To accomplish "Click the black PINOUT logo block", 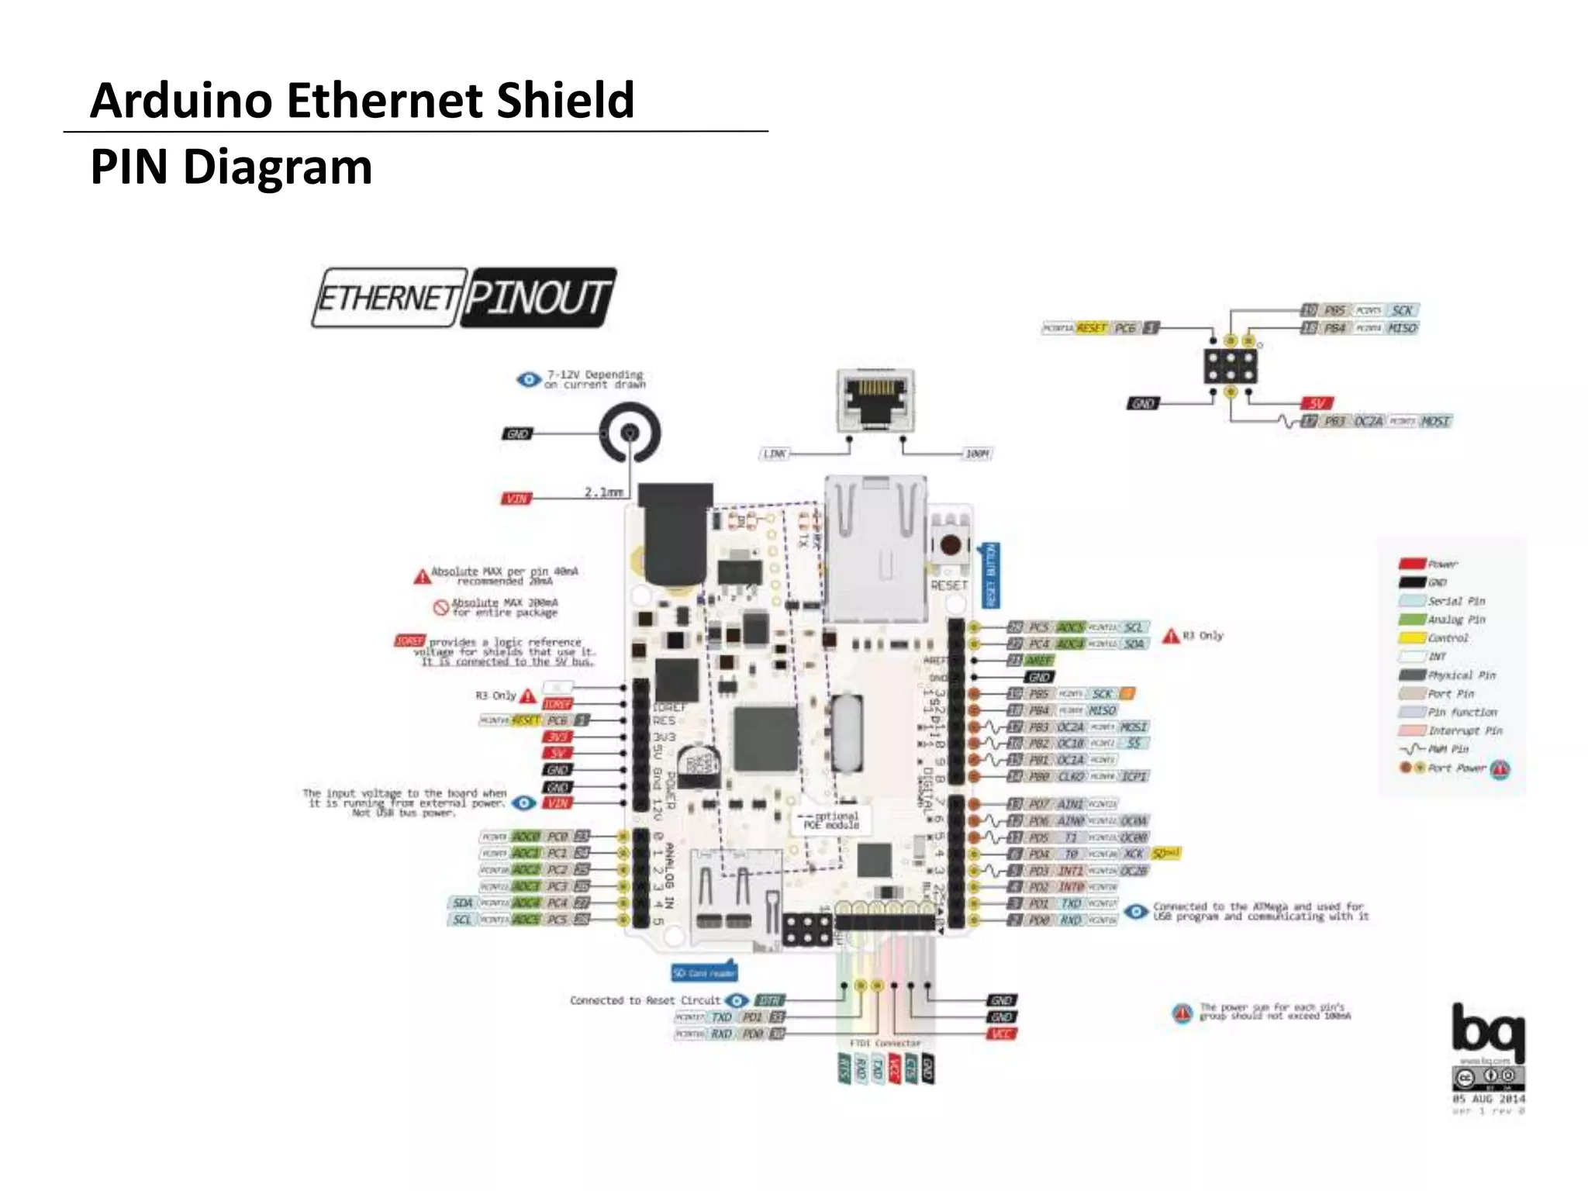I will click(538, 298).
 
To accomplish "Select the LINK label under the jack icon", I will click(775, 454).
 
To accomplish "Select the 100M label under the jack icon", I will click(977, 454).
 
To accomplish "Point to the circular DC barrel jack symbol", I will click(630, 433).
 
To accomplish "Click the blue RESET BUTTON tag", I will click(990, 575).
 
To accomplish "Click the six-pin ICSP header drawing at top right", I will click(1231, 367).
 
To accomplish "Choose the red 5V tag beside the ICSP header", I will click(1317, 403).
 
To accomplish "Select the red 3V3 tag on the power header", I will click(558, 737).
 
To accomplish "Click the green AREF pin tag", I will click(1039, 661).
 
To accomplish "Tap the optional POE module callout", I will click(830, 820).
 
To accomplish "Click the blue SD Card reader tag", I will click(704, 972).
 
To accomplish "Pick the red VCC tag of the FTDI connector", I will click(1001, 1034).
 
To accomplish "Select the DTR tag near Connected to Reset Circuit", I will click(769, 1000).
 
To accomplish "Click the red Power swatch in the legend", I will click(1412, 564).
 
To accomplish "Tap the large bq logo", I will click(1487, 1031).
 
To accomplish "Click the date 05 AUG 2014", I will click(1488, 1099).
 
